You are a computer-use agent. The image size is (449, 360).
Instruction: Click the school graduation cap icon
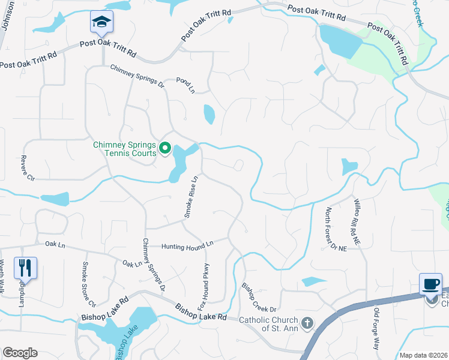click(101, 23)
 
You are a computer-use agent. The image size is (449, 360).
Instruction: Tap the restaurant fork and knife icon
click(25, 268)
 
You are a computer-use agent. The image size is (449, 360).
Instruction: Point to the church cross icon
click(307, 324)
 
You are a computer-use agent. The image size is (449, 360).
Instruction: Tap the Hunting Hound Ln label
click(187, 245)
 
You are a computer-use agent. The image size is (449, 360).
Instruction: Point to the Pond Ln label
click(185, 85)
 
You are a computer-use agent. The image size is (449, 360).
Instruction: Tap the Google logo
click(20, 353)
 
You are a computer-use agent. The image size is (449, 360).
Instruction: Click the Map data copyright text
click(423, 355)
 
